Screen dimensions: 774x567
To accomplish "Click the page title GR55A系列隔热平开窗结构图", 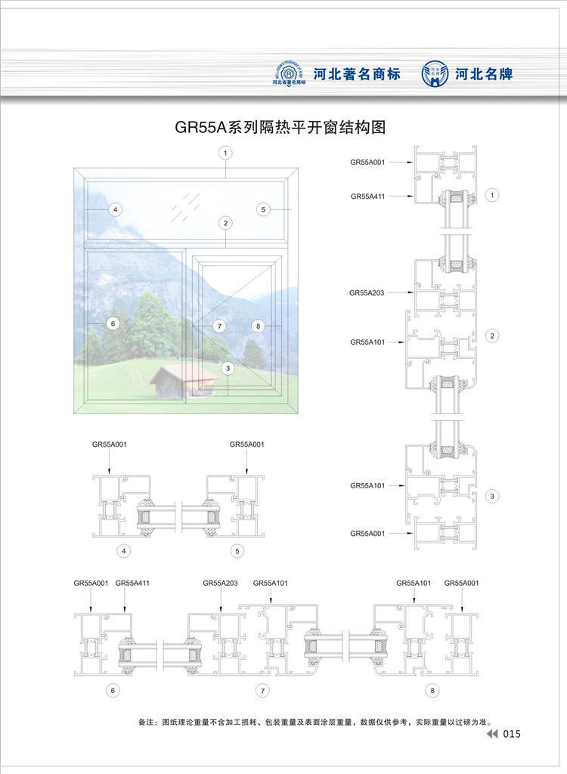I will pyautogui.click(x=280, y=127).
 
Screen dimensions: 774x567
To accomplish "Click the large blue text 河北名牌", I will pyautogui.click(x=485, y=74).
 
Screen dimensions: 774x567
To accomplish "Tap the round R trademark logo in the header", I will pyautogui.click(x=291, y=73).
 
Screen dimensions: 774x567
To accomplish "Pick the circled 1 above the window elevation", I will pyautogui.click(x=225, y=153).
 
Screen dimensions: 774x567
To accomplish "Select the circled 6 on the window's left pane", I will pyautogui.click(x=113, y=324).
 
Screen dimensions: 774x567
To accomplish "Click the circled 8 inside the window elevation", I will pyautogui.click(x=258, y=326).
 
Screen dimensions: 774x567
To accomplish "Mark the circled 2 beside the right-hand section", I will pyautogui.click(x=492, y=335).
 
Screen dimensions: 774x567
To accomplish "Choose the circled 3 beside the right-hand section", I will pyautogui.click(x=492, y=497).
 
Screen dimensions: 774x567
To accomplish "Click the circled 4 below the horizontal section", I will pyautogui.click(x=123, y=551).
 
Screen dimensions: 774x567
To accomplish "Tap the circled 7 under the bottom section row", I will pyautogui.click(x=262, y=690).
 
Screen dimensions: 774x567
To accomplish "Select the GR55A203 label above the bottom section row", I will pyautogui.click(x=220, y=583).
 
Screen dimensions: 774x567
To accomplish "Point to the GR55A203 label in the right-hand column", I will pyautogui.click(x=367, y=292).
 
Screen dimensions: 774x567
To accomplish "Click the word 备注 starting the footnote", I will pyautogui.click(x=148, y=722).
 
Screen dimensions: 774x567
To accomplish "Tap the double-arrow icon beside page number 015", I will pyautogui.click(x=492, y=735).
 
